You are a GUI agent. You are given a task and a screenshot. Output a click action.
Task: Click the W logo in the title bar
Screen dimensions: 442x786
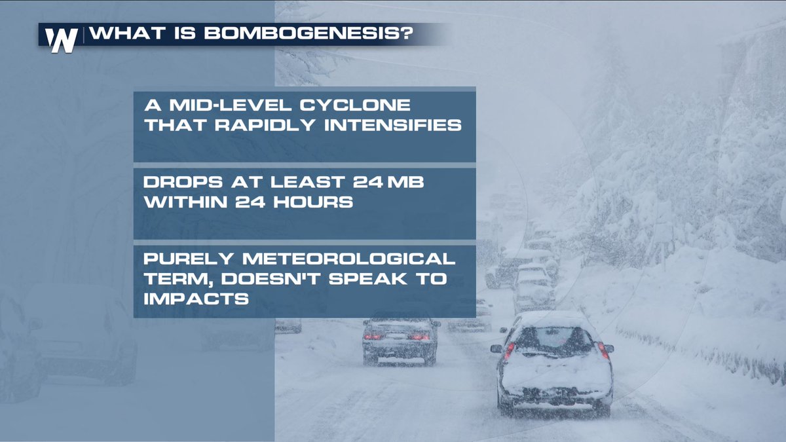[63, 39]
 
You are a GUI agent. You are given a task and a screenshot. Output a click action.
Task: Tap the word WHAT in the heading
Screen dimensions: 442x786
[121, 35]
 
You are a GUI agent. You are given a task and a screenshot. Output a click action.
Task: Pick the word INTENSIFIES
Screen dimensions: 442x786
[396, 124]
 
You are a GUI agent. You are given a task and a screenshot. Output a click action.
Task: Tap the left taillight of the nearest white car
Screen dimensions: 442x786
[509, 350]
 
